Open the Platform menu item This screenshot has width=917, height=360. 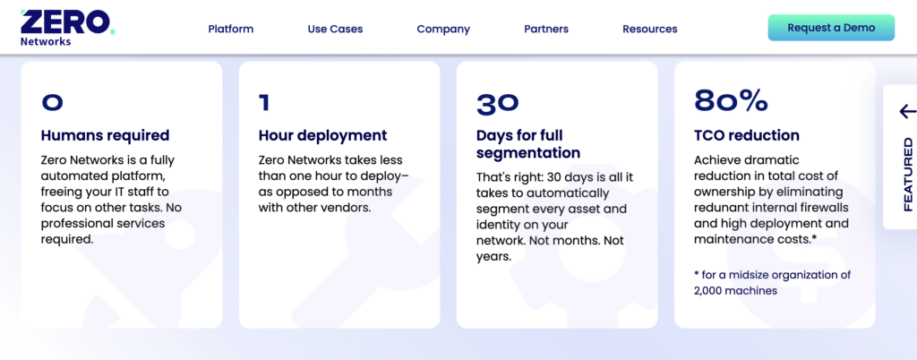231,29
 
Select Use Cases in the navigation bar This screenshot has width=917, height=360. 335,29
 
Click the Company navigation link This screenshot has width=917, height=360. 443,30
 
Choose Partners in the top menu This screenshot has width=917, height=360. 546,29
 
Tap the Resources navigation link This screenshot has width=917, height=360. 650,29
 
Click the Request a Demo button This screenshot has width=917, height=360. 831,28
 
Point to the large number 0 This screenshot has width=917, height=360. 52,103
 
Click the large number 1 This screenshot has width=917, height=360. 264,103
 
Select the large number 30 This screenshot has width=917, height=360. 498,104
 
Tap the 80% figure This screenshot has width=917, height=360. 731,102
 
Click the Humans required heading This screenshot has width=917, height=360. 106,135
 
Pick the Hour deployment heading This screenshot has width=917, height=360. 322,135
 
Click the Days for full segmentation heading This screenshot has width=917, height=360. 528,144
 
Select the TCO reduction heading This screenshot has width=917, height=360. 746,135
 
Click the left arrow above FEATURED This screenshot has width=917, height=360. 908,111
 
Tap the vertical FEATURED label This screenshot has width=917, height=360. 908,174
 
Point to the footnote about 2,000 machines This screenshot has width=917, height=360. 773,283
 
